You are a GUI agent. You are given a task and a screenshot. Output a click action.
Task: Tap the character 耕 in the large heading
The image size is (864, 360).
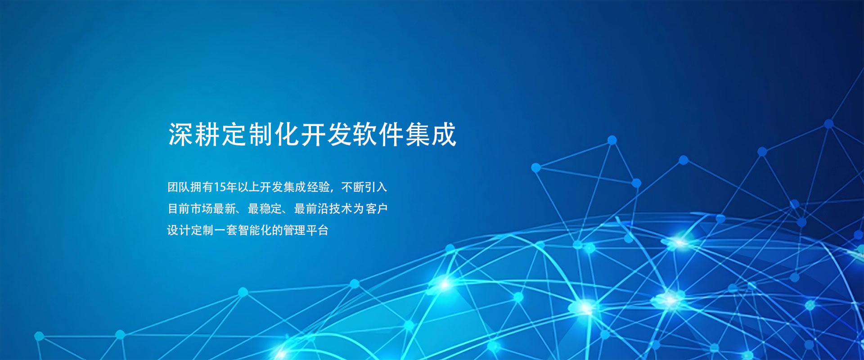point(207,134)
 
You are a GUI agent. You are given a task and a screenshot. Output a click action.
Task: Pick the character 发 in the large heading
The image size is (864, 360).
point(339,134)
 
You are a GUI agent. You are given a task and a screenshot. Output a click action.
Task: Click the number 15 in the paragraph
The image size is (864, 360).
point(220,187)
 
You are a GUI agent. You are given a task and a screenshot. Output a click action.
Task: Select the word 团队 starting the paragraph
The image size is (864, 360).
point(179,187)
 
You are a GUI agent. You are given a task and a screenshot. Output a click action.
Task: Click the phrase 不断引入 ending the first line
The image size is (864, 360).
point(364,187)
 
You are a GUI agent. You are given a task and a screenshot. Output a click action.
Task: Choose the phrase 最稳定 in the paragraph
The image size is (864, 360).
point(265,209)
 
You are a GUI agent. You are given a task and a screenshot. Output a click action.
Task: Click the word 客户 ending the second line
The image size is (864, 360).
point(376,209)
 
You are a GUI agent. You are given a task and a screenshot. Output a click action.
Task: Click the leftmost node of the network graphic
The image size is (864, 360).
point(39,336)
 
